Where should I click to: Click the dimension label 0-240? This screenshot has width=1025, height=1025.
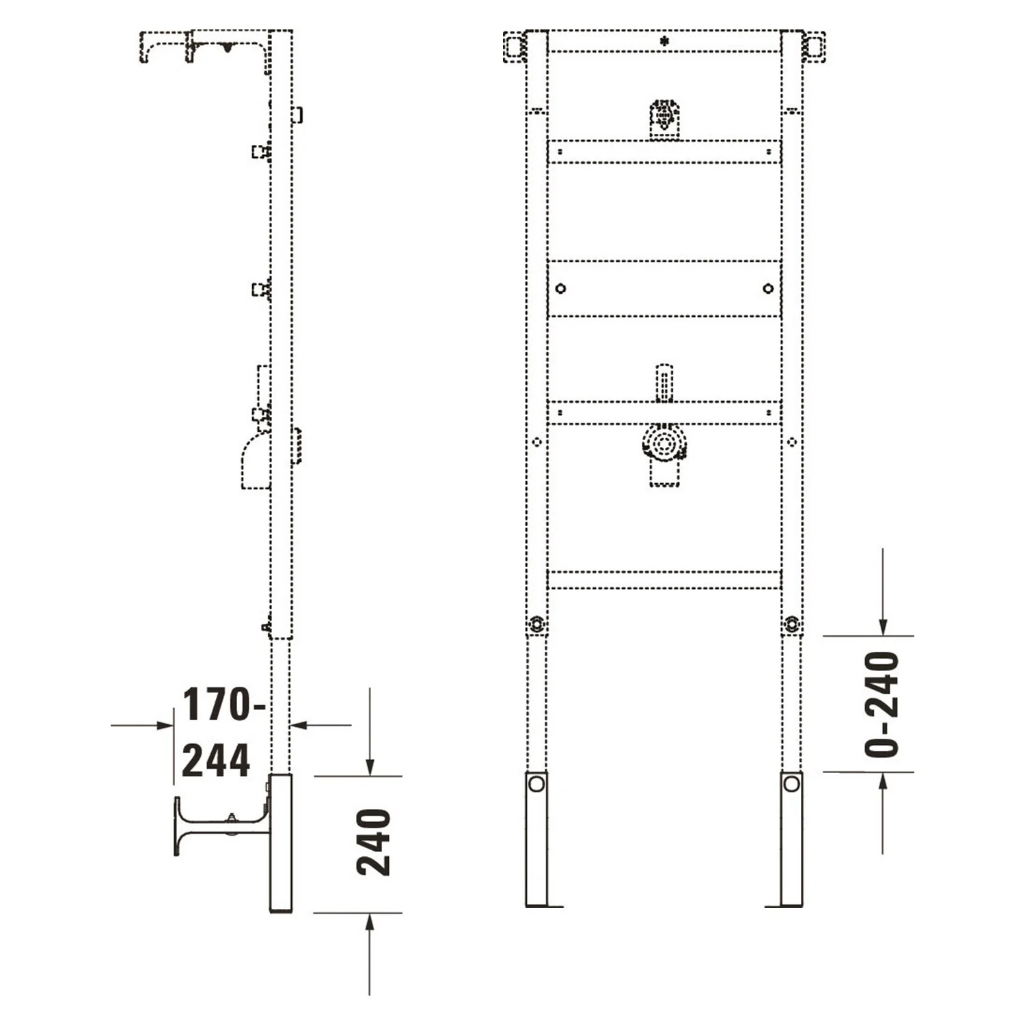tap(881, 704)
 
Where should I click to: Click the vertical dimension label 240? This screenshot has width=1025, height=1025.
tap(373, 842)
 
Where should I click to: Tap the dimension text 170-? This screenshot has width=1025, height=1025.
tap(223, 705)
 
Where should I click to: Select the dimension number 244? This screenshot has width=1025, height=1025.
tap(215, 761)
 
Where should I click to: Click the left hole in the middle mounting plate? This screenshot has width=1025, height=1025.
tap(560, 288)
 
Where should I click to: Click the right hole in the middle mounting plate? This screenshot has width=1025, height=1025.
tap(768, 288)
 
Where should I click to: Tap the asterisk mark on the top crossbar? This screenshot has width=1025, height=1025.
tap(664, 42)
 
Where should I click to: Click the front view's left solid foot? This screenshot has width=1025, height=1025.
tap(536, 839)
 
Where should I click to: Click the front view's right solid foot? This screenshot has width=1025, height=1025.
tap(791, 839)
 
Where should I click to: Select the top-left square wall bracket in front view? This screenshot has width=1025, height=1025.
tap(514, 47)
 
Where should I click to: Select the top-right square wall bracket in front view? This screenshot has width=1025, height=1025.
tap(814, 47)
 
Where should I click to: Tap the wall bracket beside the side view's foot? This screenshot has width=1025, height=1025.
tap(219, 823)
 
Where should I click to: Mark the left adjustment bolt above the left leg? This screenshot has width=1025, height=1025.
tap(537, 624)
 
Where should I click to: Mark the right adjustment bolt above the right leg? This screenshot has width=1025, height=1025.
tap(791, 624)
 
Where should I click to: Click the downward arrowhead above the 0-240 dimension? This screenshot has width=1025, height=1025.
tap(883, 627)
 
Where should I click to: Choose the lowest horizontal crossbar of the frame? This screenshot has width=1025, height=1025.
tap(664, 580)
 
